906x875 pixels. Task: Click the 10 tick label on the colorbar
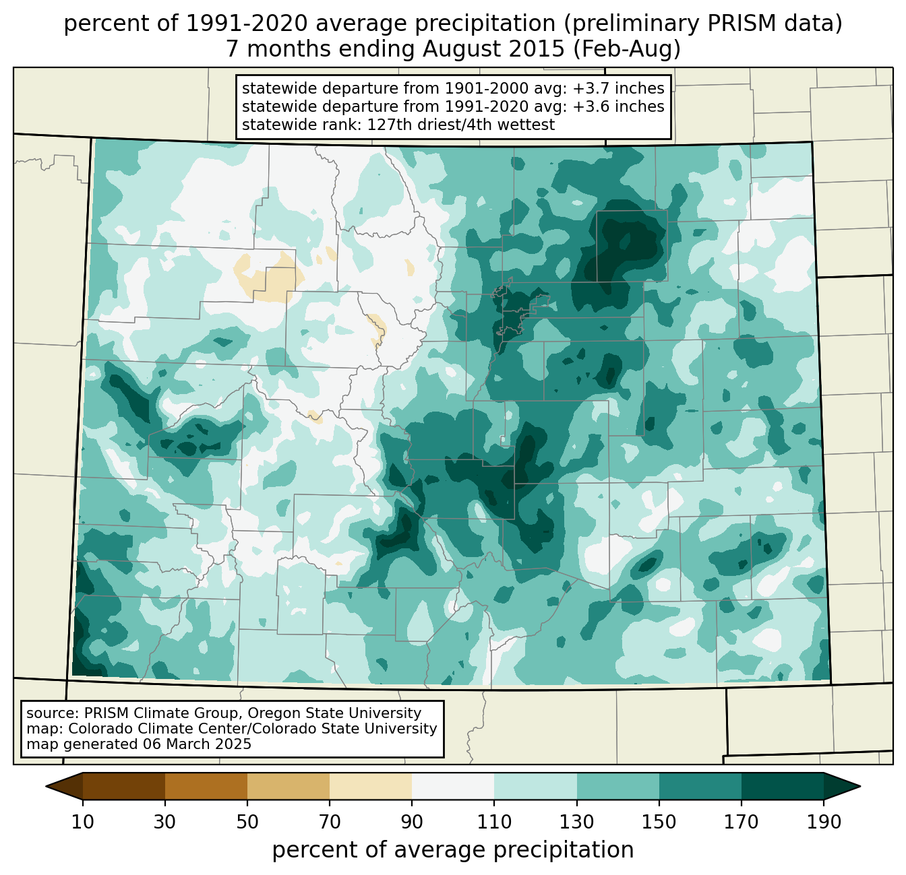point(83,822)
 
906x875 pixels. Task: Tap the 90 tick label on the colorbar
point(412,822)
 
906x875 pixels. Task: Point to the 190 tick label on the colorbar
point(823,822)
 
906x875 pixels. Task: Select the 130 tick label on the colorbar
point(577,822)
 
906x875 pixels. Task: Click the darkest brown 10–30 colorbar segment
point(124,786)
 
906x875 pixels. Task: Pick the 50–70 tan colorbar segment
point(289,786)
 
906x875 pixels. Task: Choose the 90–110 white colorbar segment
point(453,786)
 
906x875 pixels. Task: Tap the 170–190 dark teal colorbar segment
point(782,786)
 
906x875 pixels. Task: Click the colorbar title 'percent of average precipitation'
point(453,850)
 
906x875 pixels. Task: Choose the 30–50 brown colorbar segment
point(206,786)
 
